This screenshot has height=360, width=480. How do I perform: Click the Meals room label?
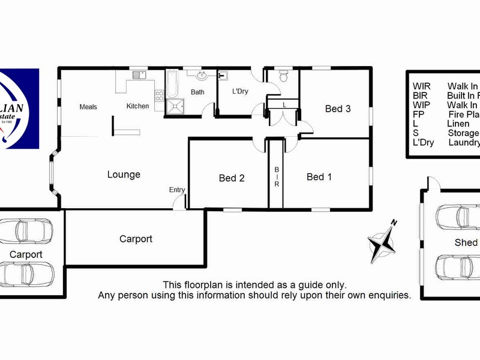88,107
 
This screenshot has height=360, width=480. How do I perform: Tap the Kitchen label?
137,106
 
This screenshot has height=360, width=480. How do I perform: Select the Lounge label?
124,175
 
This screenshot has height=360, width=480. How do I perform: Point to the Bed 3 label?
338,109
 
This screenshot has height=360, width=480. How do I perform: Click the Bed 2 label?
232,178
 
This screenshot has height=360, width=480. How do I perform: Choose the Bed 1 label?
319,176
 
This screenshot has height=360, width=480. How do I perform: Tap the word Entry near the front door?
177,190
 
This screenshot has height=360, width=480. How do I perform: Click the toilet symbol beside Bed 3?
284,76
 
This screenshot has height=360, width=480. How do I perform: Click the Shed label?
466,242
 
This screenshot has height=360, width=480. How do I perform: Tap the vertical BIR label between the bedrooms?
277,177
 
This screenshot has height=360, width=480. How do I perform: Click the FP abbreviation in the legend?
418,114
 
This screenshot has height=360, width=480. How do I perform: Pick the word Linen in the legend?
459,124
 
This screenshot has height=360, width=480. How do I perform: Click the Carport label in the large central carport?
136,239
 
